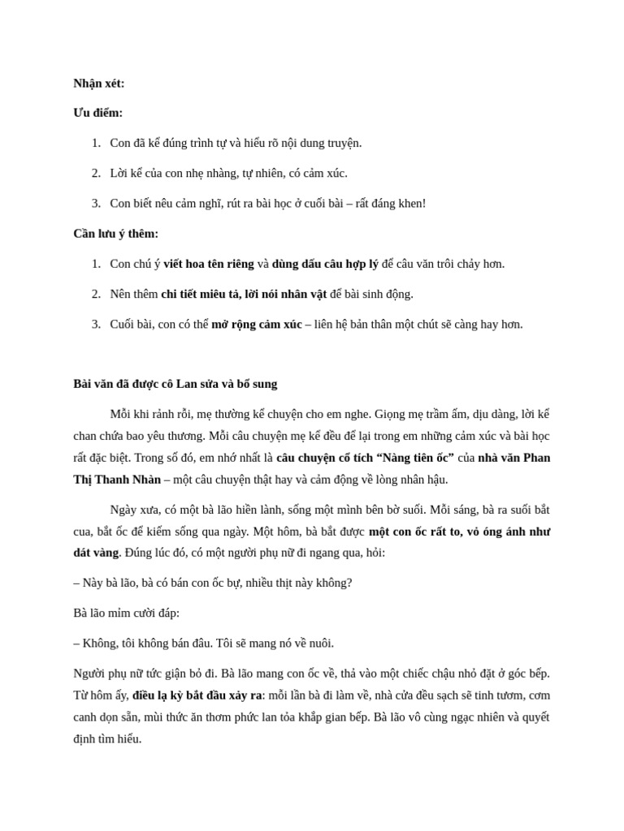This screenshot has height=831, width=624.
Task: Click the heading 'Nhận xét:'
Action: click(99, 83)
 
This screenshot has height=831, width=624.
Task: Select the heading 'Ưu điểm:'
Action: click(98, 113)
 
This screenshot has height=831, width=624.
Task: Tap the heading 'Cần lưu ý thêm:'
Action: click(116, 234)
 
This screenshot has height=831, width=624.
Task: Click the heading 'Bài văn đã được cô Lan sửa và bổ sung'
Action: click(175, 384)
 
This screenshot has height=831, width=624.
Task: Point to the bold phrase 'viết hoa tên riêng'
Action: click(209, 264)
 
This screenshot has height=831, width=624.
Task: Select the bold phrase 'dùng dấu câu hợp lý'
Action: click(325, 264)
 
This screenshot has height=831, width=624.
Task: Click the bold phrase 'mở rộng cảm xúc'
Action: click(257, 325)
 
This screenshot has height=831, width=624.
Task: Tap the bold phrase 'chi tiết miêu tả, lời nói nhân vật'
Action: click(244, 294)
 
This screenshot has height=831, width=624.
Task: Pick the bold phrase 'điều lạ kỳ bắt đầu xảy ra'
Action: click(197, 695)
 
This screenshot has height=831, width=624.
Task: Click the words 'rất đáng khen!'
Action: click(393, 204)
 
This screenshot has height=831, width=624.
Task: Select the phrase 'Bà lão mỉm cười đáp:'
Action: click(126, 613)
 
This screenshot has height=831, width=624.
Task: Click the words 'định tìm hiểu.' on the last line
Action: click(107, 738)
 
